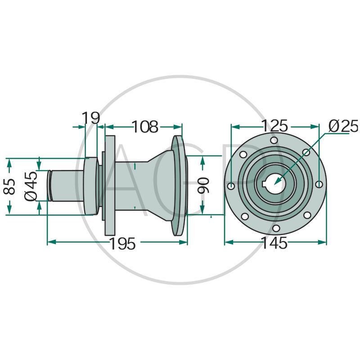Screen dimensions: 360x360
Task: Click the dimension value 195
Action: tap(123, 244)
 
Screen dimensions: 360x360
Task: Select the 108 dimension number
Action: tap(145, 127)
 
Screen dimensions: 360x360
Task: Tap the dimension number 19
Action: tap(91, 118)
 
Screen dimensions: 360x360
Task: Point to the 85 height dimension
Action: tap(9, 186)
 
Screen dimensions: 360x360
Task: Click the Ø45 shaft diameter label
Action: tap(31, 186)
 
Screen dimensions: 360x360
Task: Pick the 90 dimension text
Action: tap(203, 185)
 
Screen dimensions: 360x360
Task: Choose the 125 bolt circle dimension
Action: tap(274, 126)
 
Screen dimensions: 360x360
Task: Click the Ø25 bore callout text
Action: tap(343, 126)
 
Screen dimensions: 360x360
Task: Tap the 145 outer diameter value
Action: tap(274, 243)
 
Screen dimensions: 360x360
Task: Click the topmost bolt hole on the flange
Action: tap(274, 140)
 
